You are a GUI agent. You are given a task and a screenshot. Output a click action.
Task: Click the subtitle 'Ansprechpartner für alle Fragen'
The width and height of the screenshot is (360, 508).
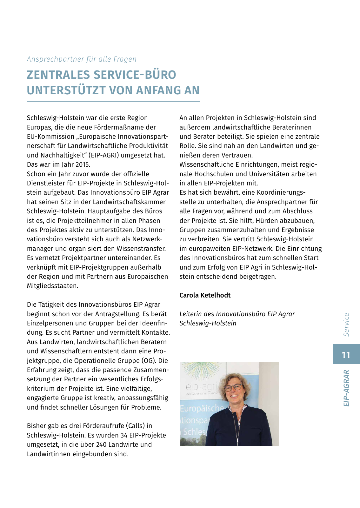coord(82,59)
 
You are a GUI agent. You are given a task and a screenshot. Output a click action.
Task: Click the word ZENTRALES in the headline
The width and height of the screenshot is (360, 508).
coord(58,75)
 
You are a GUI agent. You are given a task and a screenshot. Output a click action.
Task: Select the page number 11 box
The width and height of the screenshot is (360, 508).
coord(346,354)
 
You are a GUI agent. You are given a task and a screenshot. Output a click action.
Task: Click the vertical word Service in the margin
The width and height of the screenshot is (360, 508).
coord(346,324)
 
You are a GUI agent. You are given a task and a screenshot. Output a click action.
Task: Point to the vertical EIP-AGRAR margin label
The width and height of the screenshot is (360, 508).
coord(346,388)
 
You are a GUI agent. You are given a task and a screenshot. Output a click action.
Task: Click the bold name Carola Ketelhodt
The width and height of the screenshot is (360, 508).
coord(205,295)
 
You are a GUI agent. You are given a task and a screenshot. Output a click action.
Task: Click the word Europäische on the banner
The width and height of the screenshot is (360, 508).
coord(202,408)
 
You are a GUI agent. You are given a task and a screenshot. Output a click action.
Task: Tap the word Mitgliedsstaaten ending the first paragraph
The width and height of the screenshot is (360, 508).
coord(52,286)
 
